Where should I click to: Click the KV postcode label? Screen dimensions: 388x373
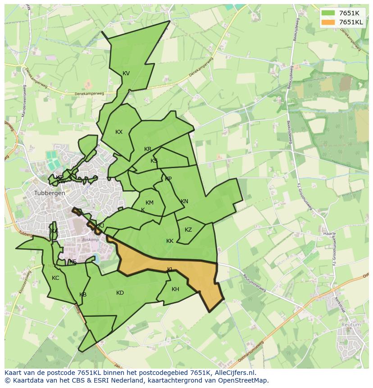click(126, 73)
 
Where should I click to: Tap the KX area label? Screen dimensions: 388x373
click(119, 132)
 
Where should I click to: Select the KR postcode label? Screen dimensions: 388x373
click(148, 149)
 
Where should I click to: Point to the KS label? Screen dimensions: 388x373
click(154, 161)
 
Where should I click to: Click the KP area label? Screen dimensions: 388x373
click(168, 179)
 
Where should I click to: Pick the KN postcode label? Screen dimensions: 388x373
click(184, 201)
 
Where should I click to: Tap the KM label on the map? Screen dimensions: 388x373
click(150, 203)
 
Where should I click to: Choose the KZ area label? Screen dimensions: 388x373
click(188, 230)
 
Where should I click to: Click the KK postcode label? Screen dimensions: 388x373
click(170, 241)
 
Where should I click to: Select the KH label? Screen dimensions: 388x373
click(175, 289)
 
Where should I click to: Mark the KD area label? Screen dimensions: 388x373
click(120, 293)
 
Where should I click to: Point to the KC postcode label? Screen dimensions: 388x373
click(55, 278)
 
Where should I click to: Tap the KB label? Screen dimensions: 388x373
click(83, 295)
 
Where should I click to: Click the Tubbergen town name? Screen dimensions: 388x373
click(50, 193)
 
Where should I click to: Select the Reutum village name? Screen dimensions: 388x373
click(351, 324)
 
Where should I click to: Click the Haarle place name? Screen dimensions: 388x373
click(330, 234)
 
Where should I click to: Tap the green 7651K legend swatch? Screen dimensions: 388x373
click(328, 13)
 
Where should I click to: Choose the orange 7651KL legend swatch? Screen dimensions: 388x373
click(328, 22)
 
